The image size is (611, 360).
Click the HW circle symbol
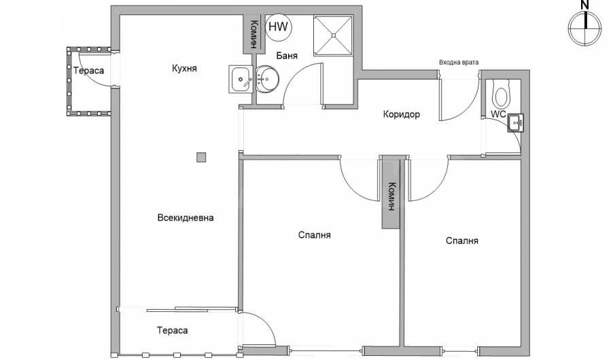pos(277,28)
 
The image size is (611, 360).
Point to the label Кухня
pos(184,68)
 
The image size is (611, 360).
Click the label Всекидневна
pos(186,218)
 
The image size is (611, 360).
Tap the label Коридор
pos(402,114)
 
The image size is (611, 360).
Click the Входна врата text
pos(458,62)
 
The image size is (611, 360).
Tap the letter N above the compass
pos(584,5)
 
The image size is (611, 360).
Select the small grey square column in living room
pos(201,158)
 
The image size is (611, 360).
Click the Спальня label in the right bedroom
pos(462,240)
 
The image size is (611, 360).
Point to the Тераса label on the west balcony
pos(89,71)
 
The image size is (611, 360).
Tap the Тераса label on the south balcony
pos(172,330)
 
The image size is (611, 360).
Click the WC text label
pos(498,114)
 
